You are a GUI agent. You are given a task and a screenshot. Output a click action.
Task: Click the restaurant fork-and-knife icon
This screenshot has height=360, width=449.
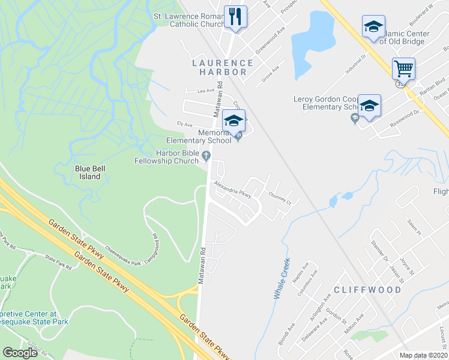(x=235, y=16)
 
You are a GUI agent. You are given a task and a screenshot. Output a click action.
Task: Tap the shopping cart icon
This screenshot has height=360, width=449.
(x=403, y=68)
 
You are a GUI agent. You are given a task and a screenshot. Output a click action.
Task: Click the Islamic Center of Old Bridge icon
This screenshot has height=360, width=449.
(x=373, y=27)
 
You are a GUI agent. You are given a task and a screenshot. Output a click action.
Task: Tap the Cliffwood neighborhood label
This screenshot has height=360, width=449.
(x=368, y=290)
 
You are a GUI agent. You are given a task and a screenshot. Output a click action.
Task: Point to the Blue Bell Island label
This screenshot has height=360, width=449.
(x=90, y=173)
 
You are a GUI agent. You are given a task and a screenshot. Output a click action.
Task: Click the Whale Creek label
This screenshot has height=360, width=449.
(x=282, y=279)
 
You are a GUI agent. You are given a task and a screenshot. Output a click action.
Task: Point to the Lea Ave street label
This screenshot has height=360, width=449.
(x=197, y=91)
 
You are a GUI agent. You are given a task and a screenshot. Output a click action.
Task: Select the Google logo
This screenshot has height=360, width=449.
(x=20, y=353)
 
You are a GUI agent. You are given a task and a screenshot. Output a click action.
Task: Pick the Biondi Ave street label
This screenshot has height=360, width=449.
(x=283, y=328)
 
